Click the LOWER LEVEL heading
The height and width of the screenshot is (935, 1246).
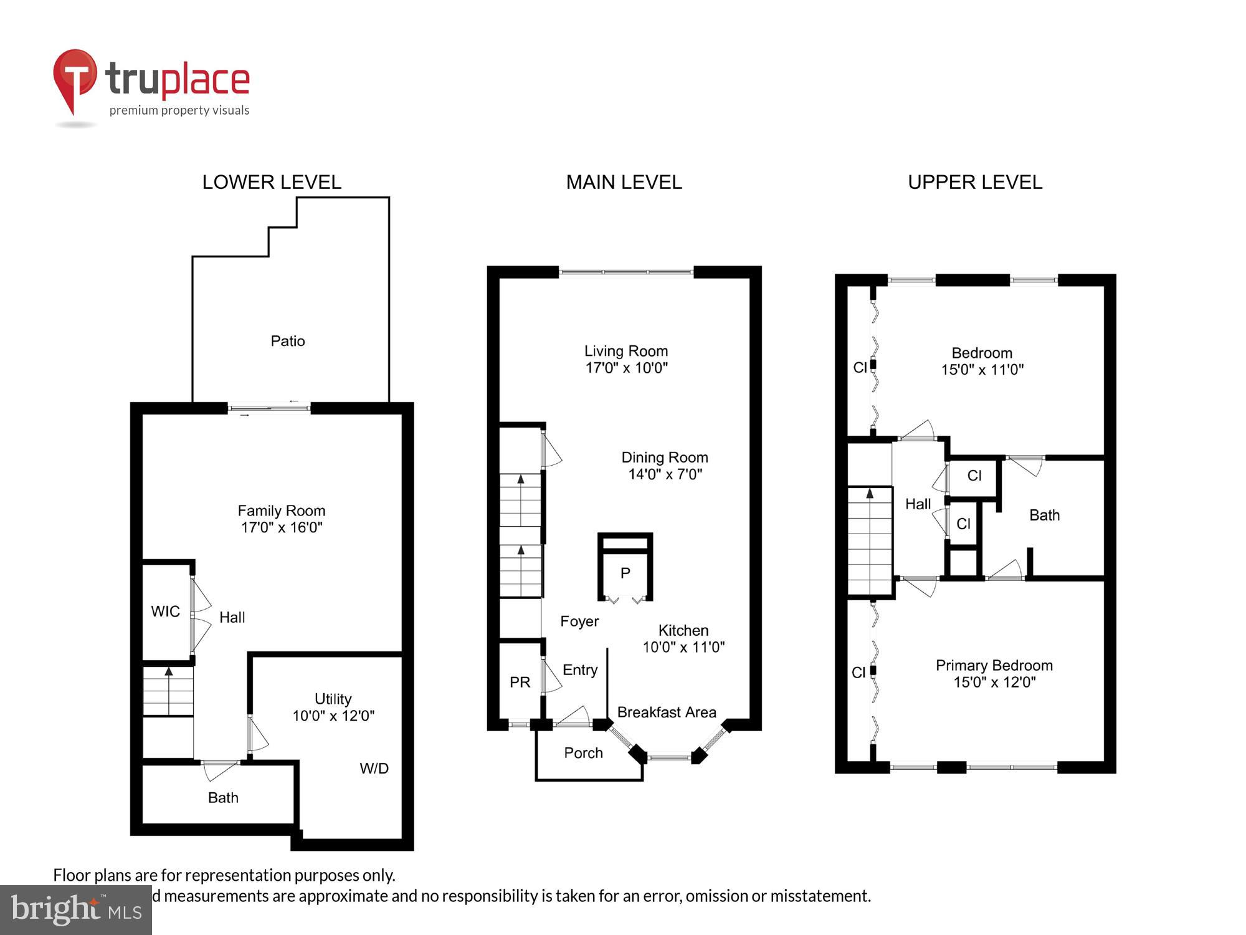(272, 182)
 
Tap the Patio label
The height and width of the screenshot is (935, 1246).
(287, 341)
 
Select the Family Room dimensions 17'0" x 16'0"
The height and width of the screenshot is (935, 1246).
(282, 527)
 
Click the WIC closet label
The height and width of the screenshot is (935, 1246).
(165, 611)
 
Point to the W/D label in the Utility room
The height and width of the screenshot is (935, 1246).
(374, 769)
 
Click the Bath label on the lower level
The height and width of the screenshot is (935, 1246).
(223, 797)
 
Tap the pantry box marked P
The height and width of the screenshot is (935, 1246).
(625, 573)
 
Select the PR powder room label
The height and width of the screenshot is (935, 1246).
(520, 682)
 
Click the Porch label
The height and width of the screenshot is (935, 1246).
(583, 753)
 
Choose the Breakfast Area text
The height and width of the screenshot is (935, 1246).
(666, 712)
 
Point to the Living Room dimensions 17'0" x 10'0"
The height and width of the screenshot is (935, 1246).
(626, 368)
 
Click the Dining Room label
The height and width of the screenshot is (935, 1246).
(664, 458)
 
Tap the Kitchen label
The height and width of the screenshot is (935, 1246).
(683, 630)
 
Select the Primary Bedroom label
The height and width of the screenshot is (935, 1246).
(994, 665)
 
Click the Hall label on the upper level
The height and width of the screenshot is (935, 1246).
(918, 504)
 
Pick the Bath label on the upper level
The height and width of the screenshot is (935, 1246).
(1044, 515)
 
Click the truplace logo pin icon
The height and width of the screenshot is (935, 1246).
(75, 79)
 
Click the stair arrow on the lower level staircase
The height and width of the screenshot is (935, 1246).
(168, 672)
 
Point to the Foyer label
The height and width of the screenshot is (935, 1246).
(579, 621)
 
